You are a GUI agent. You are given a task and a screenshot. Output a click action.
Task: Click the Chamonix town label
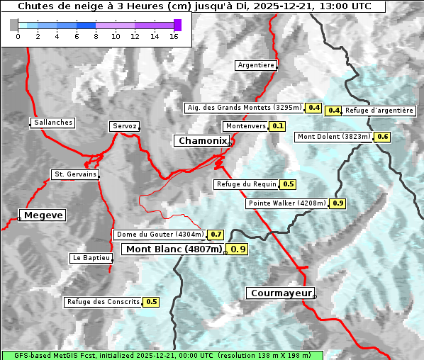202,141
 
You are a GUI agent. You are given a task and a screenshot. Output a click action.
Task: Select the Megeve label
43,215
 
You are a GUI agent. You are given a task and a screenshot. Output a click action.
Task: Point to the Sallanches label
53,123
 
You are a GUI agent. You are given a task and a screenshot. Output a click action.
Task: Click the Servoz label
124,126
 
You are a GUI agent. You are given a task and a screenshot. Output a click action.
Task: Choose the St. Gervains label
75,174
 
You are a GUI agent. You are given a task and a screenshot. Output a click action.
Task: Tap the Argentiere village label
256,65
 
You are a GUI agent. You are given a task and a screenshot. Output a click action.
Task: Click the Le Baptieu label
91,258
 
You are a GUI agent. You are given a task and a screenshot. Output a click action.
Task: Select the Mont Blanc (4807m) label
174,249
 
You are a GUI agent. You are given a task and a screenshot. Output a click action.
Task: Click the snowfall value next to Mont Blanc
238,249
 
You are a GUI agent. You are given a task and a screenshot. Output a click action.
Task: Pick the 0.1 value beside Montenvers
278,126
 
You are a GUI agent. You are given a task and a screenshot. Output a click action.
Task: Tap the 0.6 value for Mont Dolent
383,137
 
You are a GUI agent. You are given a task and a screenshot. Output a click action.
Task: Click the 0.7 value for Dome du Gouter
216,235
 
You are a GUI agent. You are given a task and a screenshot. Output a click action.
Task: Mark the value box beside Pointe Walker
337,203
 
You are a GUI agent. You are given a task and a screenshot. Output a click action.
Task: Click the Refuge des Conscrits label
104,302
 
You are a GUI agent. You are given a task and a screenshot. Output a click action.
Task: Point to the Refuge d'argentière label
379,111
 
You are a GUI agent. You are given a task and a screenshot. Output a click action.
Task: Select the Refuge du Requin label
246,184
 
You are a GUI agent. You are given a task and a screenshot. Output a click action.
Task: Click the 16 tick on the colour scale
174,37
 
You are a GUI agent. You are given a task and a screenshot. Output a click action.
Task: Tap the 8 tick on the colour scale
96,37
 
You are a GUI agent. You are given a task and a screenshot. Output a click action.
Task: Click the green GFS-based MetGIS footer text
162,355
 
